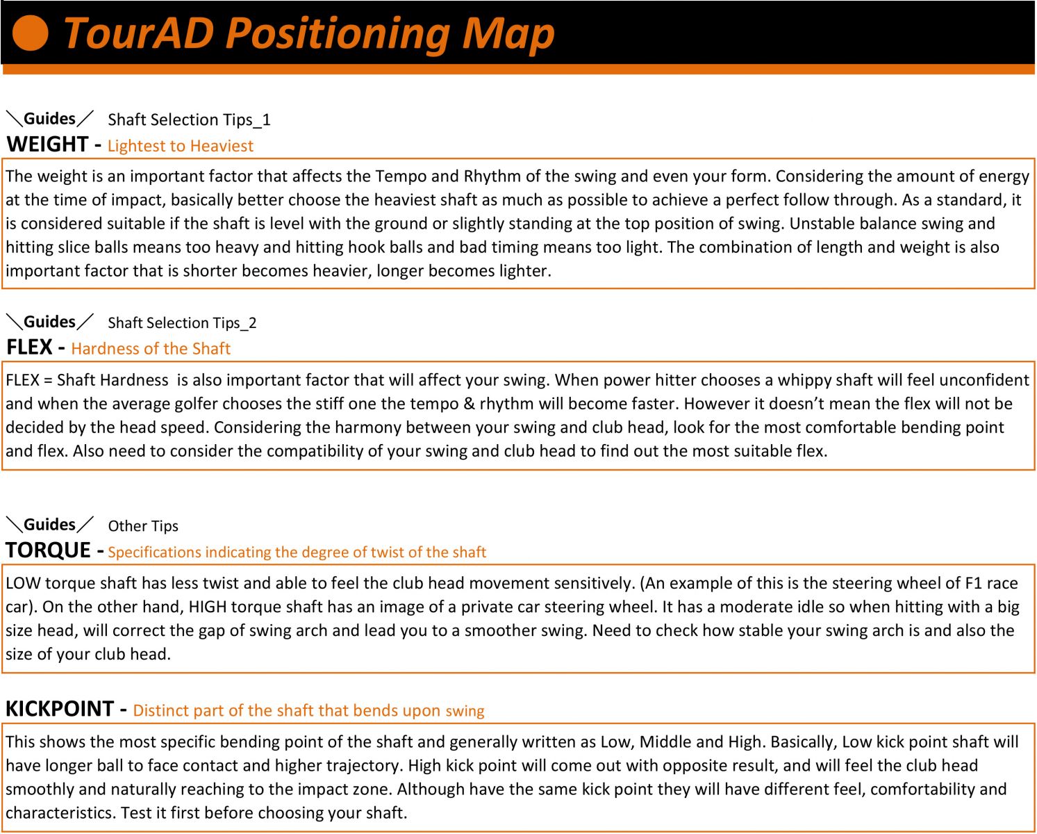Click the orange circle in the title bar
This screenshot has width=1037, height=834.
click(31, 33)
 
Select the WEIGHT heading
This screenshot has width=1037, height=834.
click(47, 144)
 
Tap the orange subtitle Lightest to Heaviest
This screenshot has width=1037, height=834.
click(181, 146)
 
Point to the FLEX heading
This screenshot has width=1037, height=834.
click(30, 347)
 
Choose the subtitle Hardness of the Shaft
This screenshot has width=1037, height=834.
click(151, 349)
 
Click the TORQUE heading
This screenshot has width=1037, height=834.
click(48, 550)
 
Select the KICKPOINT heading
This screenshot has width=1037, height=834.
click(60, 709)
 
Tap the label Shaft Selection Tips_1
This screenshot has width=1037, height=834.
click(189, 120)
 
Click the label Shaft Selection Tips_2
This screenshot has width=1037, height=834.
click(182, 323)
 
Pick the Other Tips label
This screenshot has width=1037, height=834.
click(143, 526)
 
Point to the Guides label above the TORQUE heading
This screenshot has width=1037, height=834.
click(49, 525)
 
